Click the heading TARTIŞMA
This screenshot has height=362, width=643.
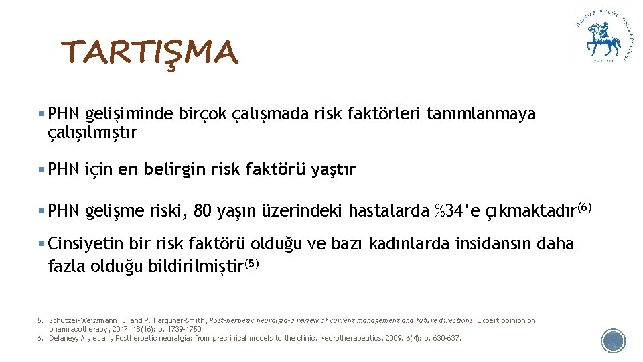click(149, 53)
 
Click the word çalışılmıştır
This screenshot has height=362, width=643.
click(92, 133)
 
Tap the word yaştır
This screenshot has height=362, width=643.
click(334, 170)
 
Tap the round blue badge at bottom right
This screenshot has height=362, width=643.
click(613, 341)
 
